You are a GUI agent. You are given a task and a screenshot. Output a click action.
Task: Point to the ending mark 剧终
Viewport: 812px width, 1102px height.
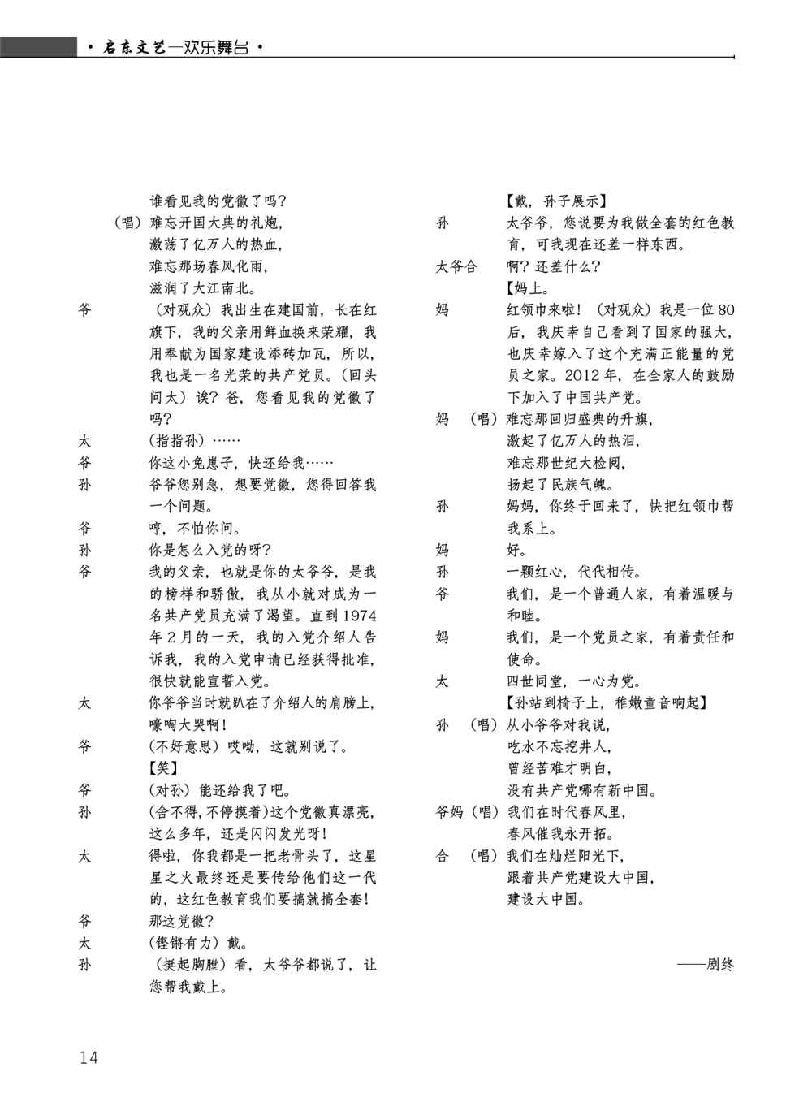(x=705, y=965)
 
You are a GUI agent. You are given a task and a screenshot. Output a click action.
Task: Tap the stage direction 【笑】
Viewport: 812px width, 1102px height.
(x=163, y=768)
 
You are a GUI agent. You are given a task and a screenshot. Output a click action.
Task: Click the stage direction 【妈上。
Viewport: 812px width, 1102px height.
(x=528, y=287)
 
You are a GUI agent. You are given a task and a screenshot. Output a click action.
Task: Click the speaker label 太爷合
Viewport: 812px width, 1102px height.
(x=456, y=266)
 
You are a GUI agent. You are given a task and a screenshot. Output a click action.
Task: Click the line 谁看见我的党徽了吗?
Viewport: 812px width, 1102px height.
(x=218, y=200)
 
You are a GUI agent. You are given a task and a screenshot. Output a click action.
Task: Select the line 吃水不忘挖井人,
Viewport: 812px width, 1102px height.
(x=559, y=746)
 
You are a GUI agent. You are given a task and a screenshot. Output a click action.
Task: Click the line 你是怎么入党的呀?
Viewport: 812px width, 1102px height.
(x=210, y=550)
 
